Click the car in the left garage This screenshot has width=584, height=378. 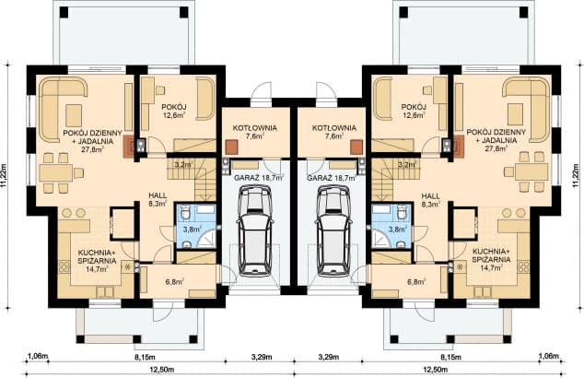(256, 232)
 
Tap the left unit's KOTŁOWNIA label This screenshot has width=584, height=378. (255, 128)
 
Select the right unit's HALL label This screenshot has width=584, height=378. (430, 195)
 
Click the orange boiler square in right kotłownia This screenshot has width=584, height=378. (356, 147)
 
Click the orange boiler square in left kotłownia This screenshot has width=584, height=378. (231, 147)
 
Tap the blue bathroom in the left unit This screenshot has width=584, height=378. (195, 226)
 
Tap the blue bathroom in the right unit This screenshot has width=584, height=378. (391, 226)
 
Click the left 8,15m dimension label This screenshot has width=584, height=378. (144, 357)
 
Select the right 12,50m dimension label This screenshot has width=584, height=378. (435, 370)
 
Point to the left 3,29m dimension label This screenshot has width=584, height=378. (261, 357)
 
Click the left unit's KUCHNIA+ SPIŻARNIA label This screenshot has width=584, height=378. (97, 260)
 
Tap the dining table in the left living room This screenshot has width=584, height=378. (56, 173)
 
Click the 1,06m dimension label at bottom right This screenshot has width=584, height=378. (548, 357)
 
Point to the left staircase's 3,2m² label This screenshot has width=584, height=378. (183, 163)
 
